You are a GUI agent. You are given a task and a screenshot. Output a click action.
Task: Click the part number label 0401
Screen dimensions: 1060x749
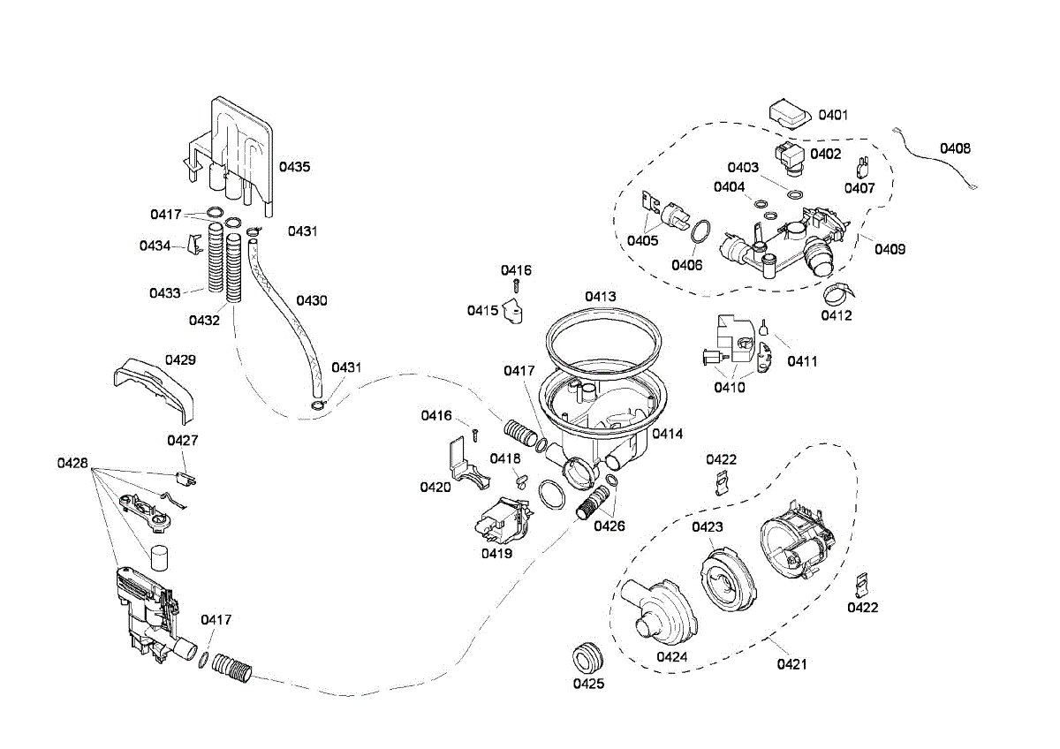(833, 115)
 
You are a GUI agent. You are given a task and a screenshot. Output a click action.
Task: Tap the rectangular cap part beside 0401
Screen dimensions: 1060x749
(788, 114)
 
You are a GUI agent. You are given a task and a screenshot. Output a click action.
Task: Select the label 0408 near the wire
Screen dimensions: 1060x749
(955, 148)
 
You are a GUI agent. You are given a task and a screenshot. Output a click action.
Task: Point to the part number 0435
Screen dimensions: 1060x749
(294, 167)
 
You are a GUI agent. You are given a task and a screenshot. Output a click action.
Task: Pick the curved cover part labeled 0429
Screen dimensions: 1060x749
(155, 390)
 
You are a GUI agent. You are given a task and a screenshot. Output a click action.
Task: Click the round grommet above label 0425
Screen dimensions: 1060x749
(587, 657)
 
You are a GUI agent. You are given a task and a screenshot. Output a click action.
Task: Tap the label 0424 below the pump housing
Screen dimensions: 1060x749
(672, 657)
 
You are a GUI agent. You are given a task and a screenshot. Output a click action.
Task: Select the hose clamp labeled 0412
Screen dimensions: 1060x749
(839, 295)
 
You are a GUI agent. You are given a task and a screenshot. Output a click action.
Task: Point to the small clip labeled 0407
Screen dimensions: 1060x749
(863, 167)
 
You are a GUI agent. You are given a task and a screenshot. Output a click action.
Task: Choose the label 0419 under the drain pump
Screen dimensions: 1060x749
(496, 553)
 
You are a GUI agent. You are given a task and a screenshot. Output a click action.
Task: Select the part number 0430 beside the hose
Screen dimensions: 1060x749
(311, 300)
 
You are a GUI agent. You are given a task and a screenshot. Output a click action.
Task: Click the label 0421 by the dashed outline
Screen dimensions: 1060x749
(791, 664)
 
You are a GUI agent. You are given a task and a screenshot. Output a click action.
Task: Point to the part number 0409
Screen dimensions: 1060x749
(890, 249)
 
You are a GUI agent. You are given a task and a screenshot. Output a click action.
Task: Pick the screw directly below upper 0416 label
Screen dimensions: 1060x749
(516, 286)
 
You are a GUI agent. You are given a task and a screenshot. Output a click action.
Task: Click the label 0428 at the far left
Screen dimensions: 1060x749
(72, 463)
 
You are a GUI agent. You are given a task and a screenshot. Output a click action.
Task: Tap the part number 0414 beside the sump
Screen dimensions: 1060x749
(667, 434)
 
